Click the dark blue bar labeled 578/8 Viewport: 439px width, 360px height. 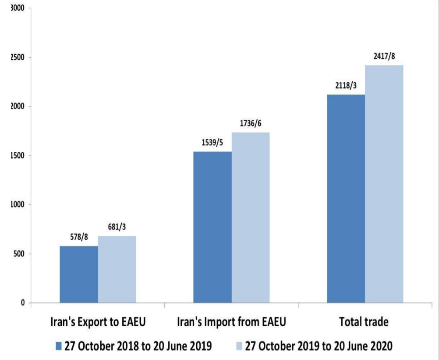[x=79, y=274]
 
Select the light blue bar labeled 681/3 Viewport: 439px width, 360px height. [x=117, y=269]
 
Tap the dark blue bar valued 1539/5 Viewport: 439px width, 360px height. [x=212, y=227]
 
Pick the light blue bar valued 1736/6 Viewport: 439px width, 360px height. [x=251, y=217]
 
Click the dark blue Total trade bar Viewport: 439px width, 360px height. [x=346, y=198]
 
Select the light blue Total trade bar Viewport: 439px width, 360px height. [x=384, y=184]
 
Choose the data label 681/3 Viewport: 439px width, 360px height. [x=117, y=227]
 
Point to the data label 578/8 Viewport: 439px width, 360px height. [x=79, y=237]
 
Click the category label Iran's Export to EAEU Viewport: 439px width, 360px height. [x=98, y=322]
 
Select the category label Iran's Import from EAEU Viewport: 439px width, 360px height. [x=231, y=322]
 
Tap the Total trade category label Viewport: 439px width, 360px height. [x=364, y=322]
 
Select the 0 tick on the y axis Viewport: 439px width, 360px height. [x=22, y=303]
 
